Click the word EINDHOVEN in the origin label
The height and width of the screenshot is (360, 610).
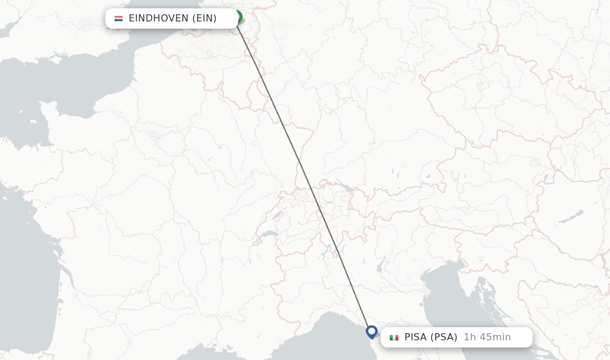tap(158, 18)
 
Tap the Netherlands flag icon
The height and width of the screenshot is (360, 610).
tap(119, 18)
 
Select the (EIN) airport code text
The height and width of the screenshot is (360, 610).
tap(204, 18)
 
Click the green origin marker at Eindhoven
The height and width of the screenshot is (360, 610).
tap(238, 17)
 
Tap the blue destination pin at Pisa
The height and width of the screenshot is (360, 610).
tap(372, 331)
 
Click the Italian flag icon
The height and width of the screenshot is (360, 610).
tap(394, 337)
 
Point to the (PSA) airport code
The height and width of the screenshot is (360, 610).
tap(444, 337)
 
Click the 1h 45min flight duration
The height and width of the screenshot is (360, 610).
tap(487, 337)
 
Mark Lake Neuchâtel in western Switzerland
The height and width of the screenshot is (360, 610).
tap(276, 215)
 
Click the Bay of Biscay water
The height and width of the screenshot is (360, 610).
tap(24, 262)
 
